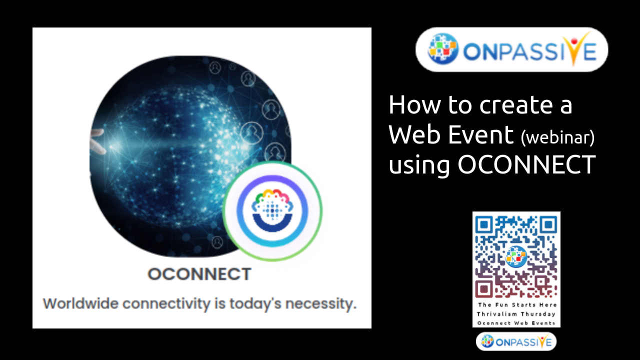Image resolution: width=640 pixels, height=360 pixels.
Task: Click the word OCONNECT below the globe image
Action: point(199,274)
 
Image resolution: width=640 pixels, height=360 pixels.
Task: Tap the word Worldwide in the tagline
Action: point(80,303)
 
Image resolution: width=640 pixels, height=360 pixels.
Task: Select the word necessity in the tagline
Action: point(321,304)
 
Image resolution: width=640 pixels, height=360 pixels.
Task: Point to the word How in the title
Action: point(415,105)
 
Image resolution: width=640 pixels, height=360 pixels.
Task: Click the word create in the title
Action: point(515,105)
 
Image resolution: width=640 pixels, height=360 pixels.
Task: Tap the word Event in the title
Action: point(481,134)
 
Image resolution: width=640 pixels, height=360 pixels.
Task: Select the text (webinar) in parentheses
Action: point(557,137)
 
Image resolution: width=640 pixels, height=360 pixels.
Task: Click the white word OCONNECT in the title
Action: point(527,164)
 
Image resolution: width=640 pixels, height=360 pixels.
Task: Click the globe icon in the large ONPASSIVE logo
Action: point(443,49)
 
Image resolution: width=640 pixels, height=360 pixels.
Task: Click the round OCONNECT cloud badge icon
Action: point(272,211)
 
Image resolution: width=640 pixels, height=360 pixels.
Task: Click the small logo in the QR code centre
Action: point(516,256)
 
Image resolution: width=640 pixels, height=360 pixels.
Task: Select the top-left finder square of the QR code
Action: point(483,224)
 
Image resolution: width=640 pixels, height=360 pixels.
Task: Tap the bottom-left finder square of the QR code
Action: point(483,289)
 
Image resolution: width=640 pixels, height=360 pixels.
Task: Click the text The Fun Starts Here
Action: point(517,305)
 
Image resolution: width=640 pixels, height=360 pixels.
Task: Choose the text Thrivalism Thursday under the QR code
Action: point(516,314)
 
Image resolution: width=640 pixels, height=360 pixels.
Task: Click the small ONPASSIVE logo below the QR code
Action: point(516,341)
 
